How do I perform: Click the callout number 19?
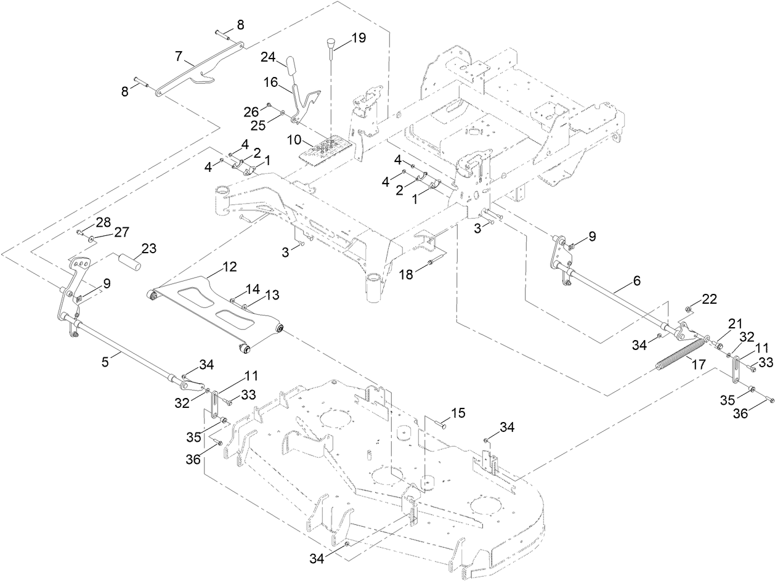[358, 38]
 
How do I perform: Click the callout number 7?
[179, 57]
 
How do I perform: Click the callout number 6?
[636, 280]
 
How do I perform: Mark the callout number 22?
[710, 299]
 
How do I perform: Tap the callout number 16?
[272, 81]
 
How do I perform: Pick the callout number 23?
[148, 248]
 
